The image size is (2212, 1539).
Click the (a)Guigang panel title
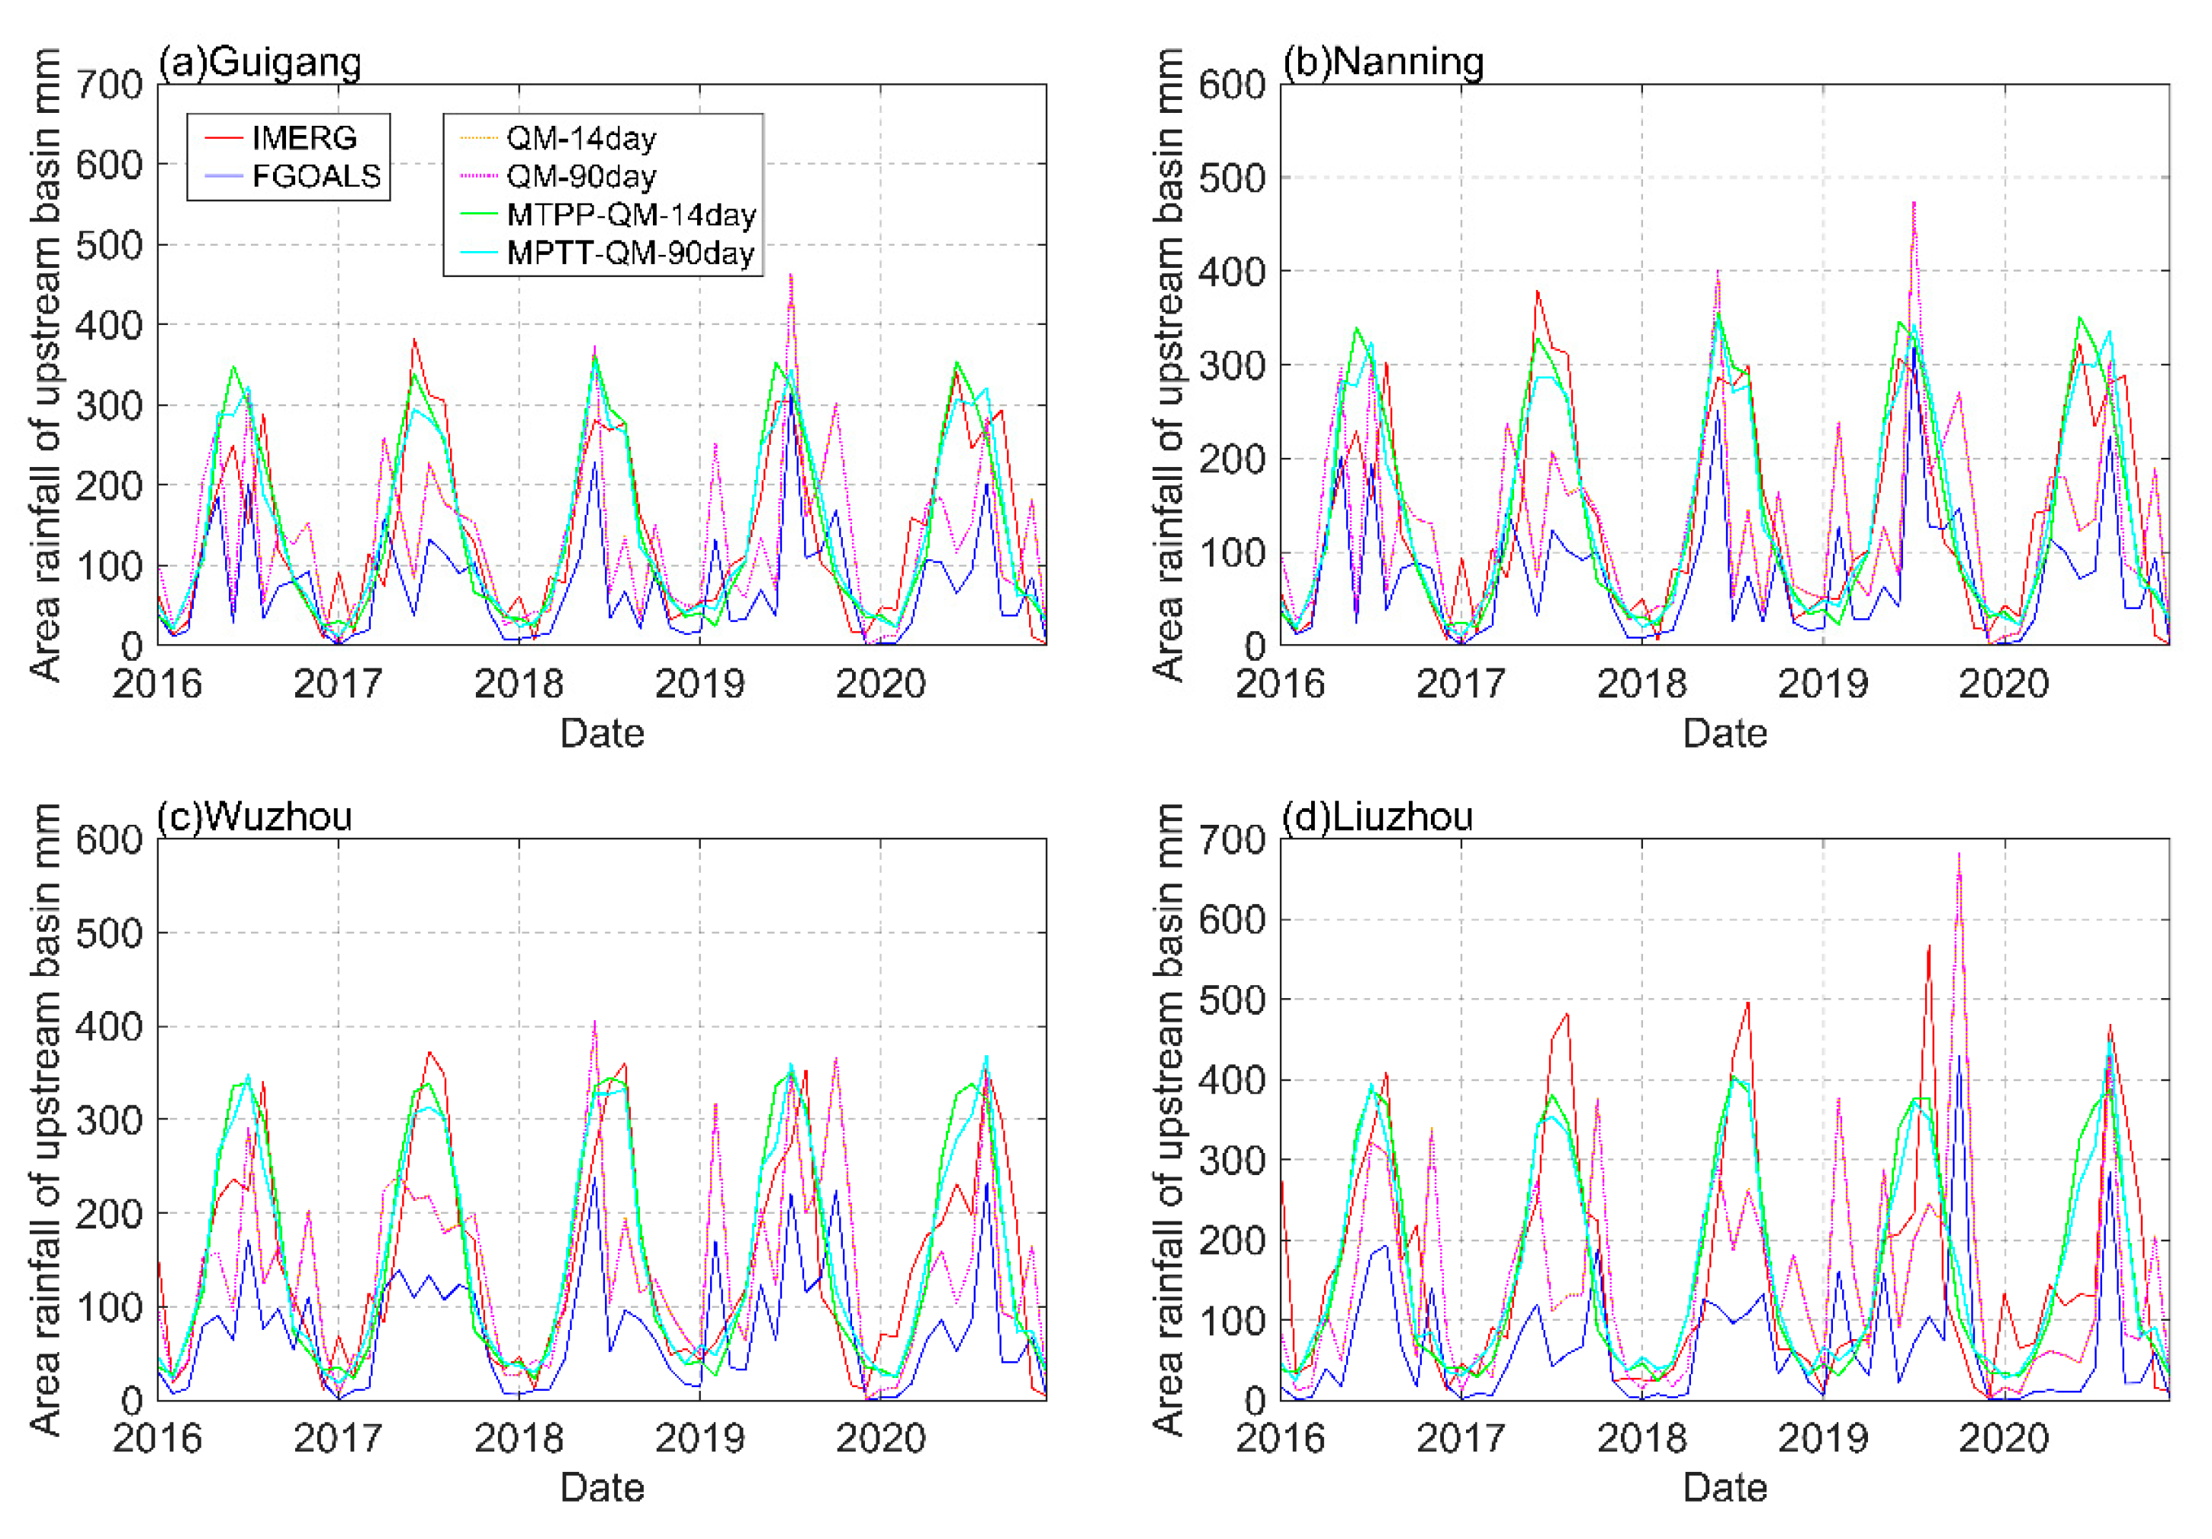[260, 62]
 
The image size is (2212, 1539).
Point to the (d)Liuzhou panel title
[1377, 816]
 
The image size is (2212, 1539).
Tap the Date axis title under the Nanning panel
[1724, 733]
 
